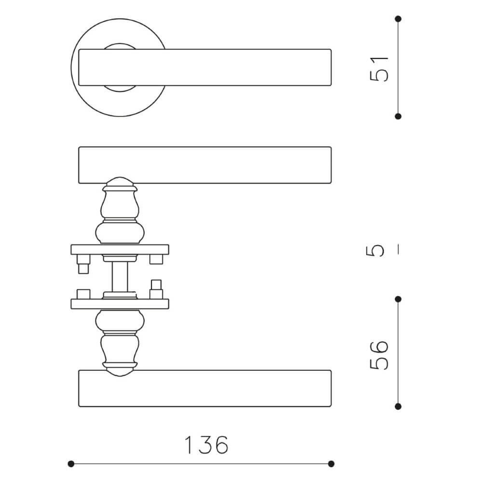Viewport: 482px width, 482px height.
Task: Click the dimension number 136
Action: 206,445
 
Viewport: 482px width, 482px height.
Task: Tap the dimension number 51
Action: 379,69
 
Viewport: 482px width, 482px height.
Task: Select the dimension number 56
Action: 379,355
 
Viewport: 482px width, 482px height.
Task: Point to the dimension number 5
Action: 375,251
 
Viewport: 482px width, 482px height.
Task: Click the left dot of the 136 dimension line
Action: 71,464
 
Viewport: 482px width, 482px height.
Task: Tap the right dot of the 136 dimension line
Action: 331,464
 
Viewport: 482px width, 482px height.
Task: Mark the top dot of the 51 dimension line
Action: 398,19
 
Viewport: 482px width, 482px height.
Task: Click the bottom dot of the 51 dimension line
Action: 398,116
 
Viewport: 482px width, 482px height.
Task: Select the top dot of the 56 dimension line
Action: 398,299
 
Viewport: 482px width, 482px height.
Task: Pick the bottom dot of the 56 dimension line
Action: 398,407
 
